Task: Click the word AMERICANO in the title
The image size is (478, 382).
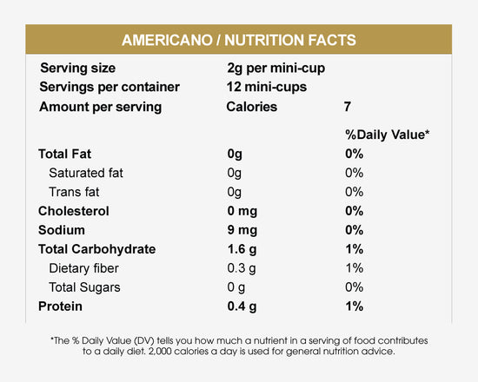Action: point(167,40)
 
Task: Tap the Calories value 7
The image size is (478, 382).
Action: point(348,107)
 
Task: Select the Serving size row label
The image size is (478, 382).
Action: point(77,69)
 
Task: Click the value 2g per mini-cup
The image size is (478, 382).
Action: point(276,69)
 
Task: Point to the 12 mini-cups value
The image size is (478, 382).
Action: point(267,87)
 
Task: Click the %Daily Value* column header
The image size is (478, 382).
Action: point(387,135)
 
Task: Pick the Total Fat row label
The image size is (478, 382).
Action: point(64,154)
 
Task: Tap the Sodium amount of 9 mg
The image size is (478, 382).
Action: point(242,230)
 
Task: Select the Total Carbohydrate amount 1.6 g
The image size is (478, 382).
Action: point(242,249)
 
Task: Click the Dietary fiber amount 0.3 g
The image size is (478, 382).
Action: point(242,268)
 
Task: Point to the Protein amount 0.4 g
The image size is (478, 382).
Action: point(242,306)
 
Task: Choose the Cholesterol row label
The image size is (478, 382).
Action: point(74,211)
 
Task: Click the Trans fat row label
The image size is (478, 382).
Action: point(74,192)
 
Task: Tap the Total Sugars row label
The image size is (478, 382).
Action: point(85,287)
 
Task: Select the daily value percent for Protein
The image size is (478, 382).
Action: point(355,306)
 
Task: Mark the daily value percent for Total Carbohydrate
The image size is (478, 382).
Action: point(355,249)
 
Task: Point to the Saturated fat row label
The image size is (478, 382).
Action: point(86,173)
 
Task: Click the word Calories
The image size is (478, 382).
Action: point(252,107)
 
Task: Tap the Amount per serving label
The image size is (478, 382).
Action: point(101,108)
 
